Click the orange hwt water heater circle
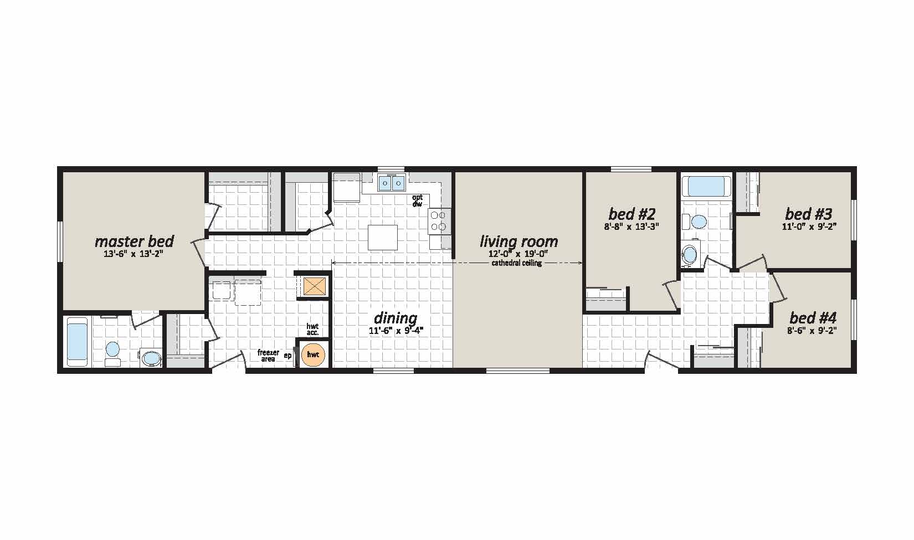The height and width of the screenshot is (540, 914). (x=313, y=355)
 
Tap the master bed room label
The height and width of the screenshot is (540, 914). (x=134, y=241)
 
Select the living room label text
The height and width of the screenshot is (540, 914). (x=518, y=241)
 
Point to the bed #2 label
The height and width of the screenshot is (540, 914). (x=631, y=214)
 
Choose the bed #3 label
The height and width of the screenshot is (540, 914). (x=808, y=214)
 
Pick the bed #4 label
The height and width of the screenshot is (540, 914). (x=813, y=317)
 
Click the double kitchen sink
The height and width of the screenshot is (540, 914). (x=392, y=183)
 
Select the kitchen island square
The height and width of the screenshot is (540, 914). (x=383, y=238)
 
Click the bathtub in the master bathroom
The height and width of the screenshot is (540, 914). (x=77, y=342)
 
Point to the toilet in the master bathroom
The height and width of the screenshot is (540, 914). (x=112, y=353)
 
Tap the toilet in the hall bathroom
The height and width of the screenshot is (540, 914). (x=695, y=222)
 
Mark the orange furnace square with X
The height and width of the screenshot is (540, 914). (x=314, y=286)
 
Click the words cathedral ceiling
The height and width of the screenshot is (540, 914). (x=517, y=263)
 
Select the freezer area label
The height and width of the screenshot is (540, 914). (x=268, y=356)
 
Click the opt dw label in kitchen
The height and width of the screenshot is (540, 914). (x=418, y=200)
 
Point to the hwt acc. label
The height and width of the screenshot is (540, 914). (x=312, y=330)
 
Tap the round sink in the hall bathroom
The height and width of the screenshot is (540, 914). (x=690, y=254)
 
